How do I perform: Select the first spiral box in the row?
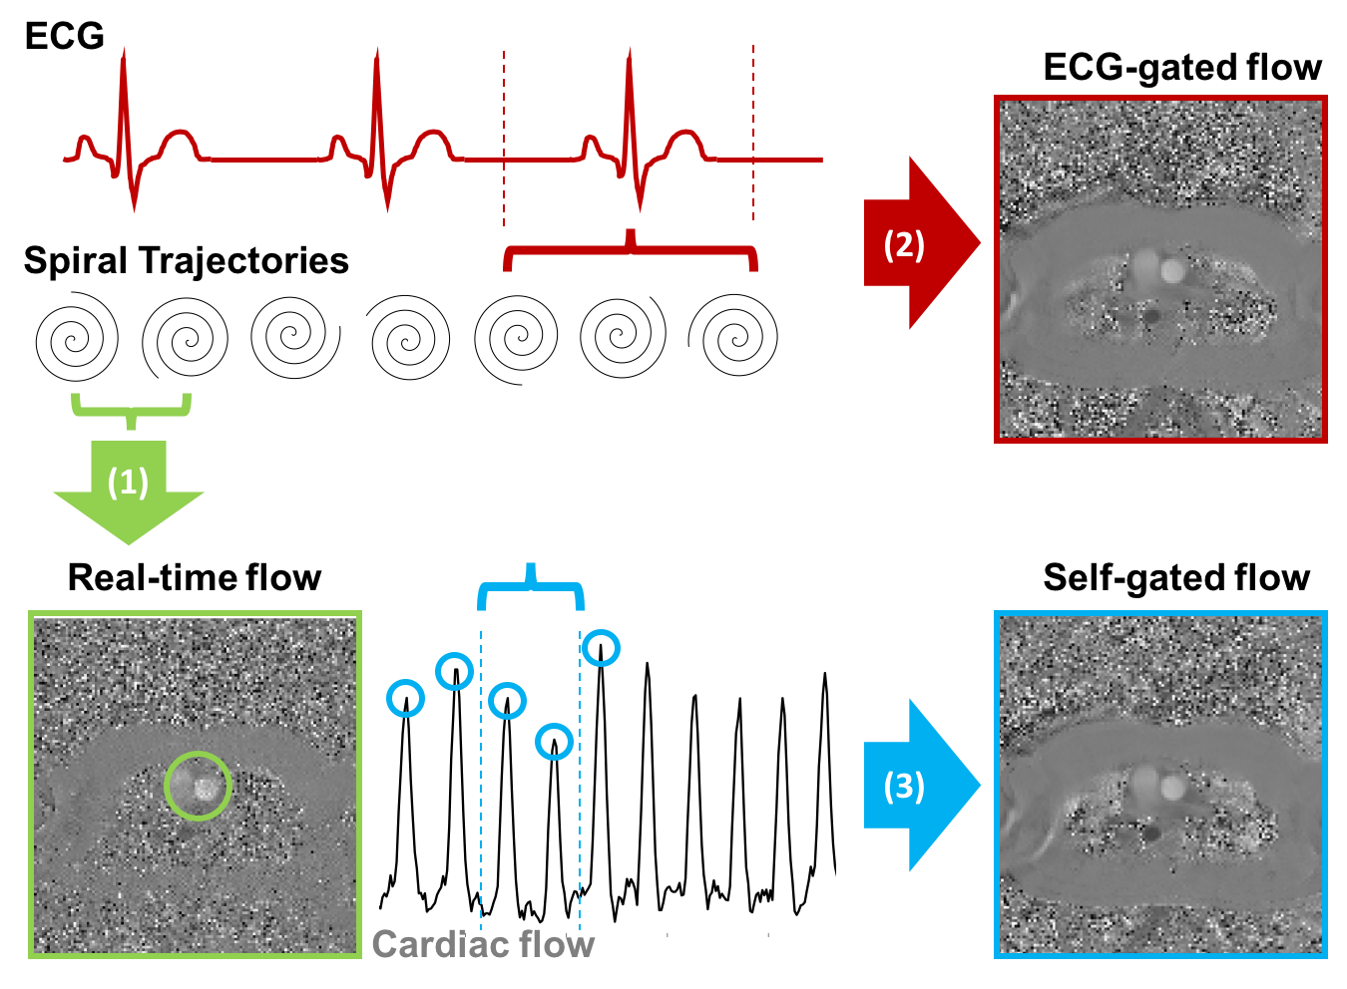(77, 337)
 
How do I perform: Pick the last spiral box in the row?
(733, 336)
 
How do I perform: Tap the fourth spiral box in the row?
(407, 338)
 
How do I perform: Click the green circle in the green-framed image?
(199, 786)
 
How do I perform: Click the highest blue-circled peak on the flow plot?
(601, 648)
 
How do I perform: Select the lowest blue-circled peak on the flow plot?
(554, 742)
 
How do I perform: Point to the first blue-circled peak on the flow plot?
(405, 698)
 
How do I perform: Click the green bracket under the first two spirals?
(131, 410)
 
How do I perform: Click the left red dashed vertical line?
(504, 140)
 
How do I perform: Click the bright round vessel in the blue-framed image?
(1172, 789)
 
